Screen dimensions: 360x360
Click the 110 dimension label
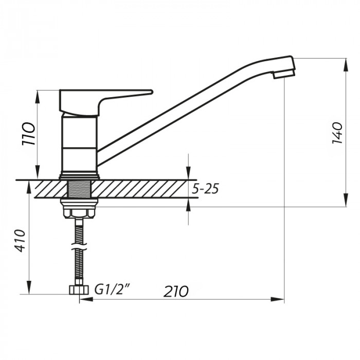coord(29,134)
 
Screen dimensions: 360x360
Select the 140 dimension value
coord(337,133)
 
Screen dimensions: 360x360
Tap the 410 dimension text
coord(20,240)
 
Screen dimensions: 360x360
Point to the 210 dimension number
coord(176,292)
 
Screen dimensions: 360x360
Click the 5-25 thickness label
coord(205,189)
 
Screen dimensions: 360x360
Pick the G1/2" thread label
coord(112,290)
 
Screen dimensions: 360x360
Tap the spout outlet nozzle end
coord(284,74)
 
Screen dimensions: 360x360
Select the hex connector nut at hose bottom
coord(78,290)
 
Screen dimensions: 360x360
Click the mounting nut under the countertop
coord(79,208)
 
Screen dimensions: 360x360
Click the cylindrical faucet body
coord(79,144)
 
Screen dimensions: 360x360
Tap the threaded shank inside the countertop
coord(79,188)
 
